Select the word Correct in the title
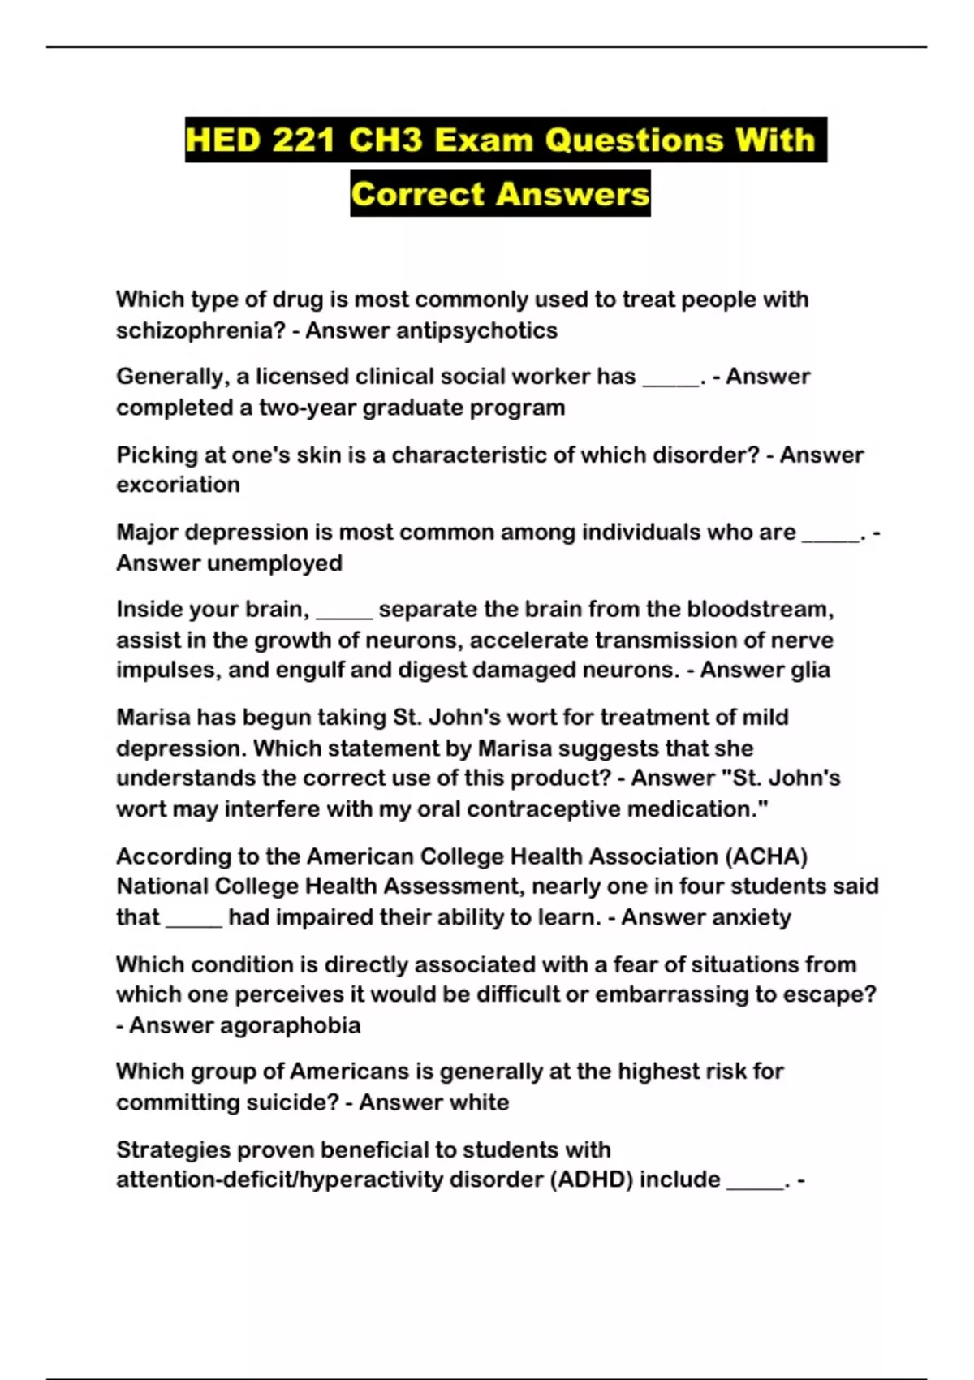coord(417,194)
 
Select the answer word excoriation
coord(178,485)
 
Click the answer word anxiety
coord(750,917)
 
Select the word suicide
coord(298,1102)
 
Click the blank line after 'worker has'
coord(670,380)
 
